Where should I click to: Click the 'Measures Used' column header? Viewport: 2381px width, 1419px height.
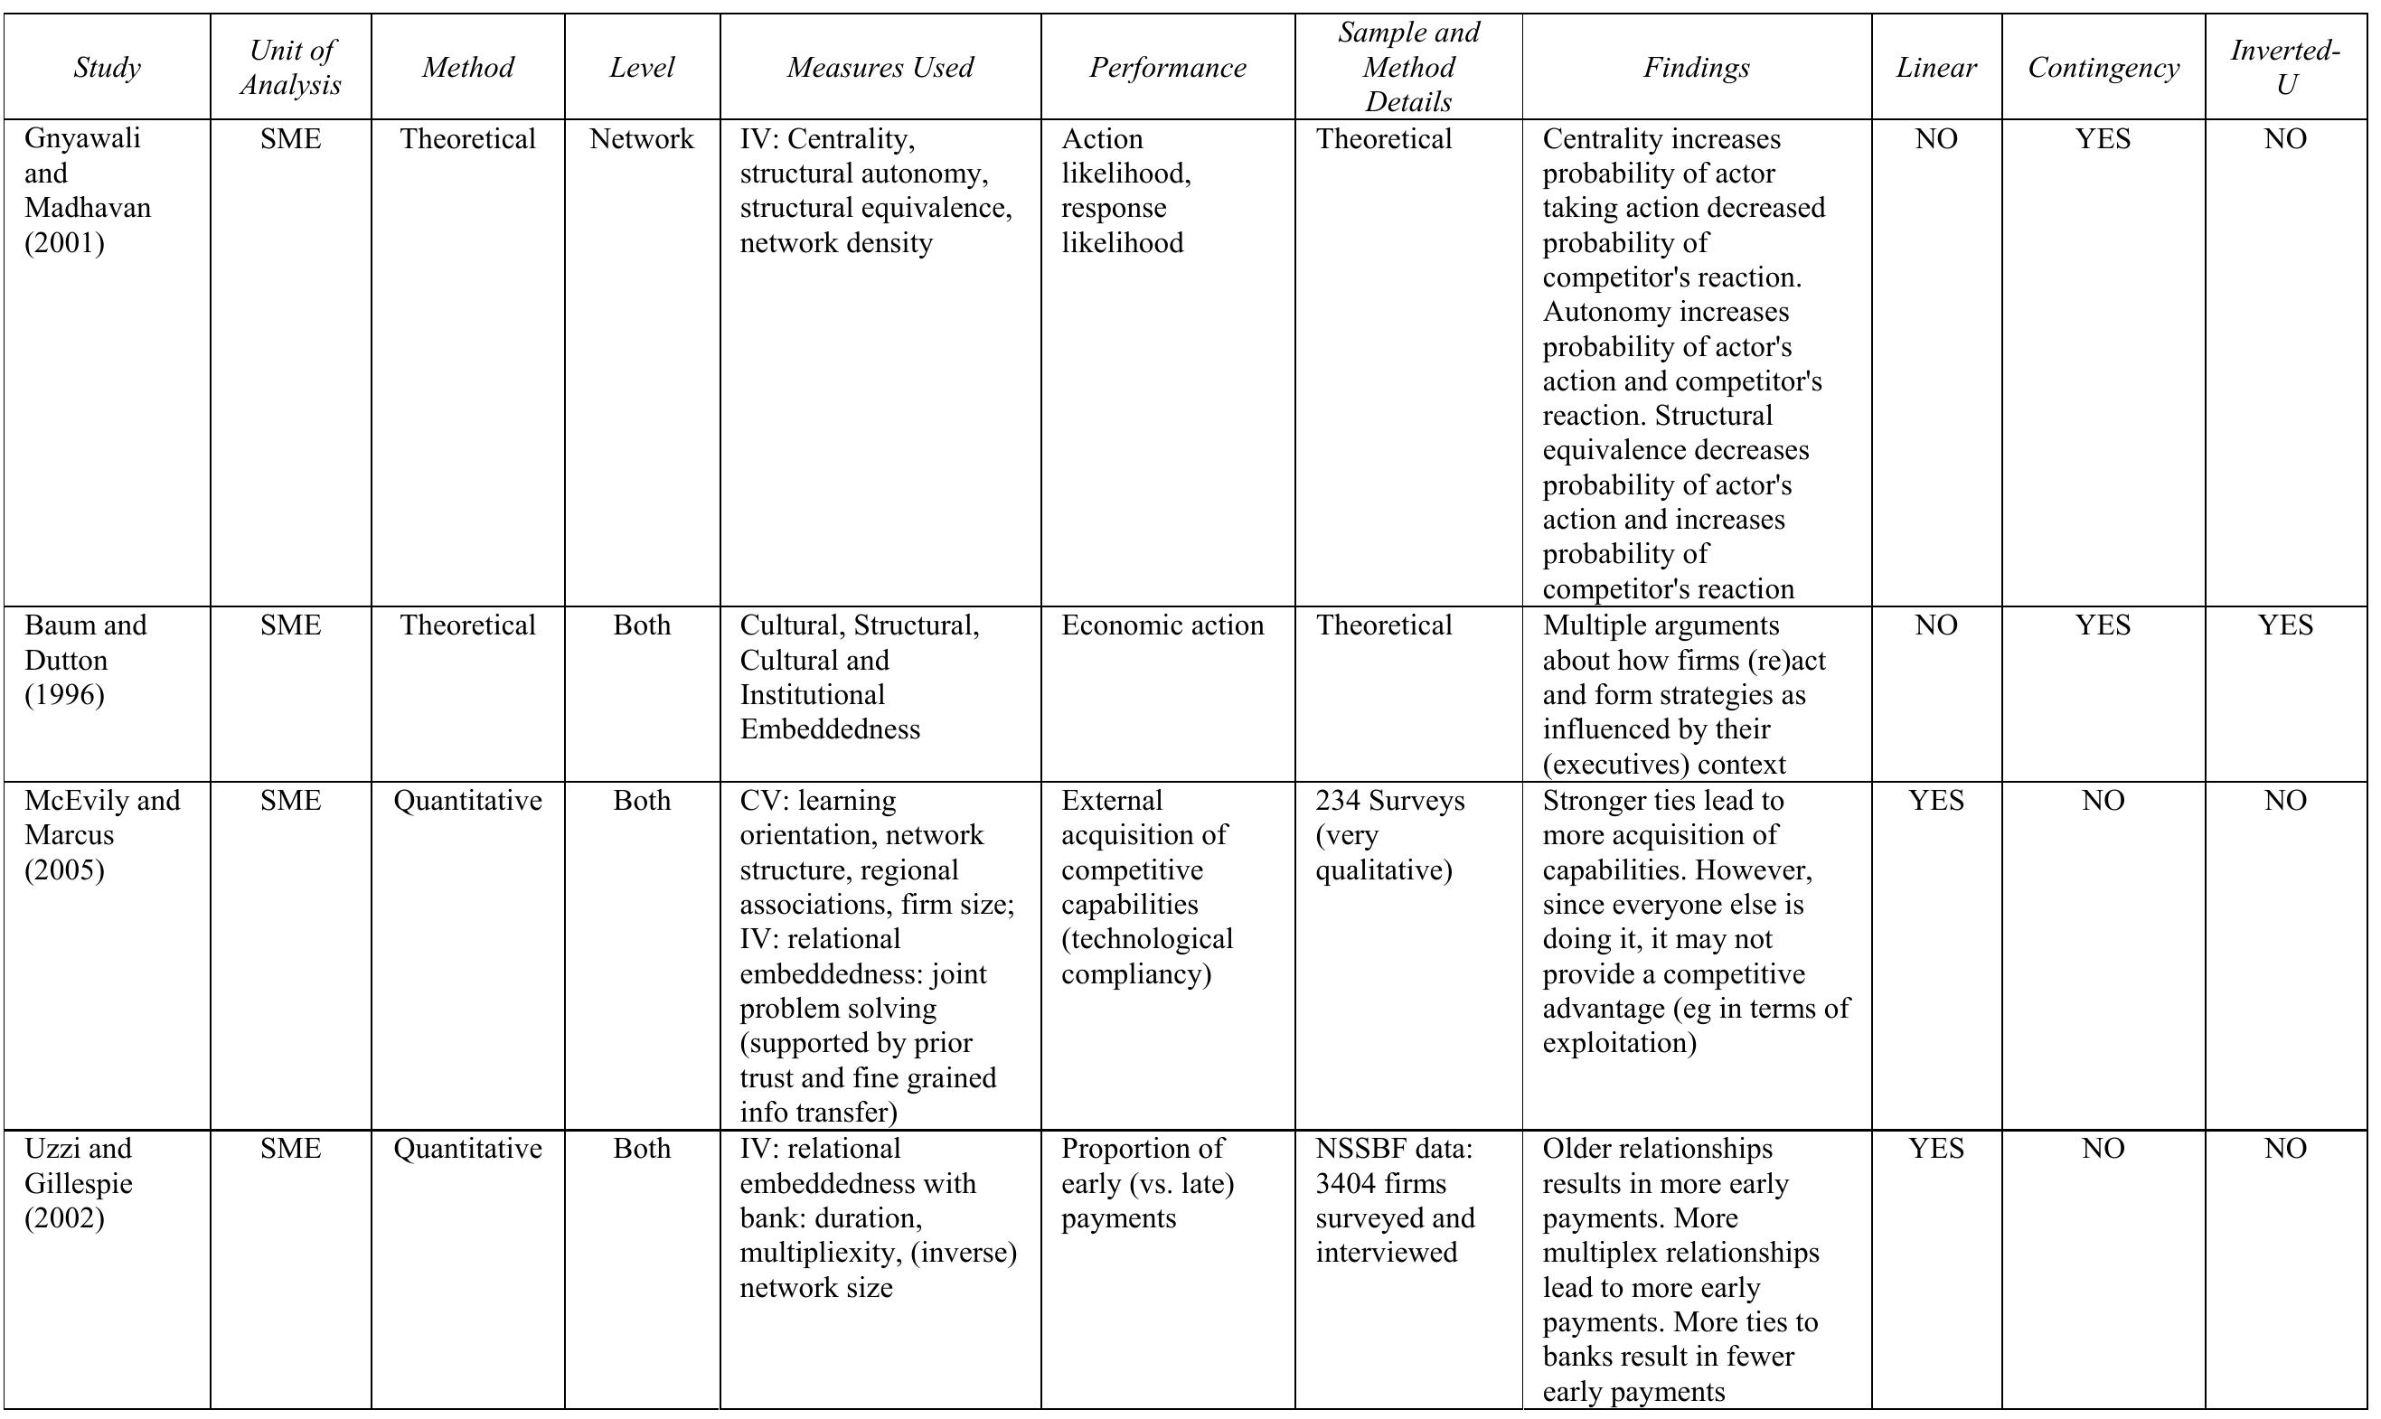[x=880, y=67]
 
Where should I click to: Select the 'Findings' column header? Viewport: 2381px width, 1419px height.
[x=1697, y=67]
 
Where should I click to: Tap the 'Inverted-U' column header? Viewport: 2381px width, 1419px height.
[x=2285, y=67]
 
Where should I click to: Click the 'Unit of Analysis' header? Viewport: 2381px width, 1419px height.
[x=291, y=67]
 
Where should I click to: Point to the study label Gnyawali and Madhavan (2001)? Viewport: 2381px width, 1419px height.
[x=88, y=191]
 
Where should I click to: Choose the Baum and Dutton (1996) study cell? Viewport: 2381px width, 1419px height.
[x=86, y=660]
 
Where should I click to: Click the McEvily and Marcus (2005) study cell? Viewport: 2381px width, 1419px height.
[x=102, y=835]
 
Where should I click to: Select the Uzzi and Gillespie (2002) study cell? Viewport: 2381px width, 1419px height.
[x=79, y=1183]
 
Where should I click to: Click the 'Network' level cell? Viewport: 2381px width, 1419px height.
[x=642, y=139]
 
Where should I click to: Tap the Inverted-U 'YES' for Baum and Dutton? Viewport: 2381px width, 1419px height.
[x=2285, y=625]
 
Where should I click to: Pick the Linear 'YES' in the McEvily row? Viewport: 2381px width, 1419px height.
[x=1936, y=801]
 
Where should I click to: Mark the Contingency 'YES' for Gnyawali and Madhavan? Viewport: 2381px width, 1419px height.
[x=2103, y=139]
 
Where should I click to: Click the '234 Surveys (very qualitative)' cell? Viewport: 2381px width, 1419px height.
[x=1389, y=835]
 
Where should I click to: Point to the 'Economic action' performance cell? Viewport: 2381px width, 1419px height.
[x=1162, y=625]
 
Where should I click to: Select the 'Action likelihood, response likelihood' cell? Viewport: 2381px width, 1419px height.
[x=1126, y=191]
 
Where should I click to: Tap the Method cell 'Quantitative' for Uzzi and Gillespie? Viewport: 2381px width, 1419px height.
[x=467, y=1149]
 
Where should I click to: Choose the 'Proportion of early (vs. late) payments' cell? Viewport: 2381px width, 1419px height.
[x=1147, y=1183]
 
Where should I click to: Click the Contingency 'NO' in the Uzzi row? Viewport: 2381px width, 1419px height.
[x=2103, y=1149]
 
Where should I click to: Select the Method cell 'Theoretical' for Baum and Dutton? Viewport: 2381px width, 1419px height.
[x=467, y=625]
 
